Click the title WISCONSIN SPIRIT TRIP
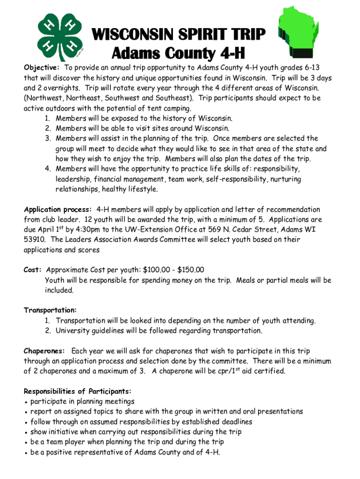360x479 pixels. pos(179,34)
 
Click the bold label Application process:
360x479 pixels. pos(58,210)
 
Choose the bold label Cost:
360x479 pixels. pos(33,270)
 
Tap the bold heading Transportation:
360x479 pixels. pos(50,310)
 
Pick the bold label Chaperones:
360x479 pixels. pos(44,351)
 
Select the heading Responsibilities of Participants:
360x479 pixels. pos(78,391)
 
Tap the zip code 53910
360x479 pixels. pos(35,239)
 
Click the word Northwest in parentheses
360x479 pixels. pos(45,98)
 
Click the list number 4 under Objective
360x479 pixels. pos(48,169)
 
